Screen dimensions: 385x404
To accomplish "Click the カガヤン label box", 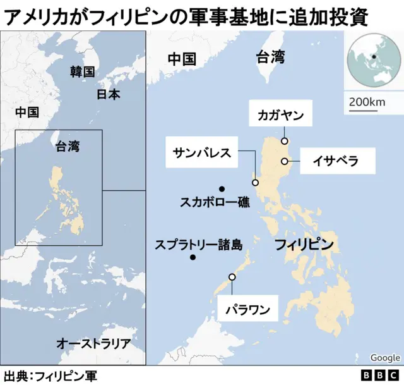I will pos(281,116).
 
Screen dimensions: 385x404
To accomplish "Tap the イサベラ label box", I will pos(336,161).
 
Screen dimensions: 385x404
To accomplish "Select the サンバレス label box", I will pos(202,152).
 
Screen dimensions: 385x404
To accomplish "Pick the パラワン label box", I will pos(248,310).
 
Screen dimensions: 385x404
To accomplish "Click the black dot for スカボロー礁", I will pos(222,189).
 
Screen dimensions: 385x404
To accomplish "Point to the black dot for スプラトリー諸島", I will pos(193,257).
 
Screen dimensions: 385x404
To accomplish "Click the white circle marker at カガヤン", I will pos(285,141).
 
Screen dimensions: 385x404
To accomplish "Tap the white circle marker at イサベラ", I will pos(285,161).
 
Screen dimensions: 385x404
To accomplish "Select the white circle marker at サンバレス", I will pos(256,183).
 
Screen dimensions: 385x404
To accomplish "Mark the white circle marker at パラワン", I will pos(232,277).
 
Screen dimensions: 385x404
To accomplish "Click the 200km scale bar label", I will pos(367,102).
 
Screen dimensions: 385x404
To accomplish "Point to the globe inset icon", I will pos(373,61).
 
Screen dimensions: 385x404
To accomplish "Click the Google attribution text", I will pos(385,358).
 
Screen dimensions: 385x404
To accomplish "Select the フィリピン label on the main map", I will pos(304,245).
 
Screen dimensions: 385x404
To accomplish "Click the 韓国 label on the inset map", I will pos(82,71).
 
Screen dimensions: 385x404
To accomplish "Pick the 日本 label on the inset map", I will pos(108,94).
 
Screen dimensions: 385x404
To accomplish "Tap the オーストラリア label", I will pos(93,344).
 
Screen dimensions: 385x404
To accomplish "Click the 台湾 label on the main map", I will pos(270,58).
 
